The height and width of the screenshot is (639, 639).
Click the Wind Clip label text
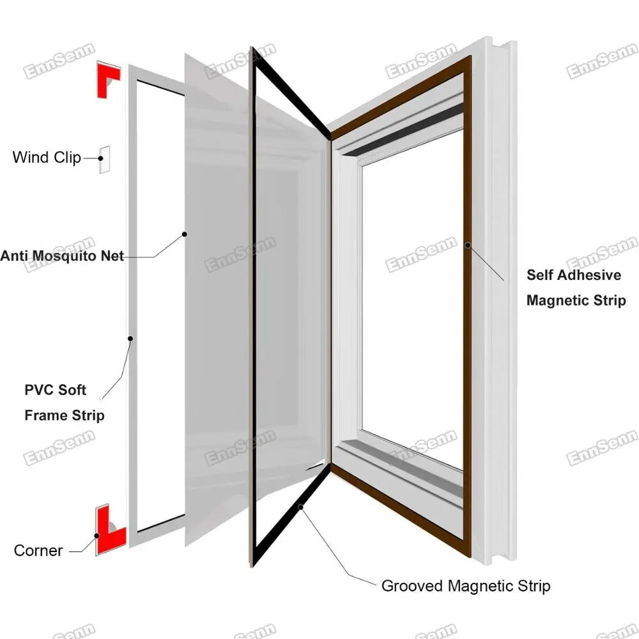[x=46, y=157]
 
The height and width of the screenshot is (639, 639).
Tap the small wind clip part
[x=104, y=159]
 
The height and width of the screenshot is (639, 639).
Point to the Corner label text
[x=38, y=550]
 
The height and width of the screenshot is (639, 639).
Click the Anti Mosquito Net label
[x=62, y=256]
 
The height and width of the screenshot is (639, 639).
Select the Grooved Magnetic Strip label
[x=465, y=585]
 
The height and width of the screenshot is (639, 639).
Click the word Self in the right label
[x=540, y=275]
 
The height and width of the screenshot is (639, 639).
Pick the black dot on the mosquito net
[x=185, y=235]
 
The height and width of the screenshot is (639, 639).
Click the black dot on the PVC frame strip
[x=130, y=338]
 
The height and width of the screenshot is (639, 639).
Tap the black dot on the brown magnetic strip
[x=468, y=244]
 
